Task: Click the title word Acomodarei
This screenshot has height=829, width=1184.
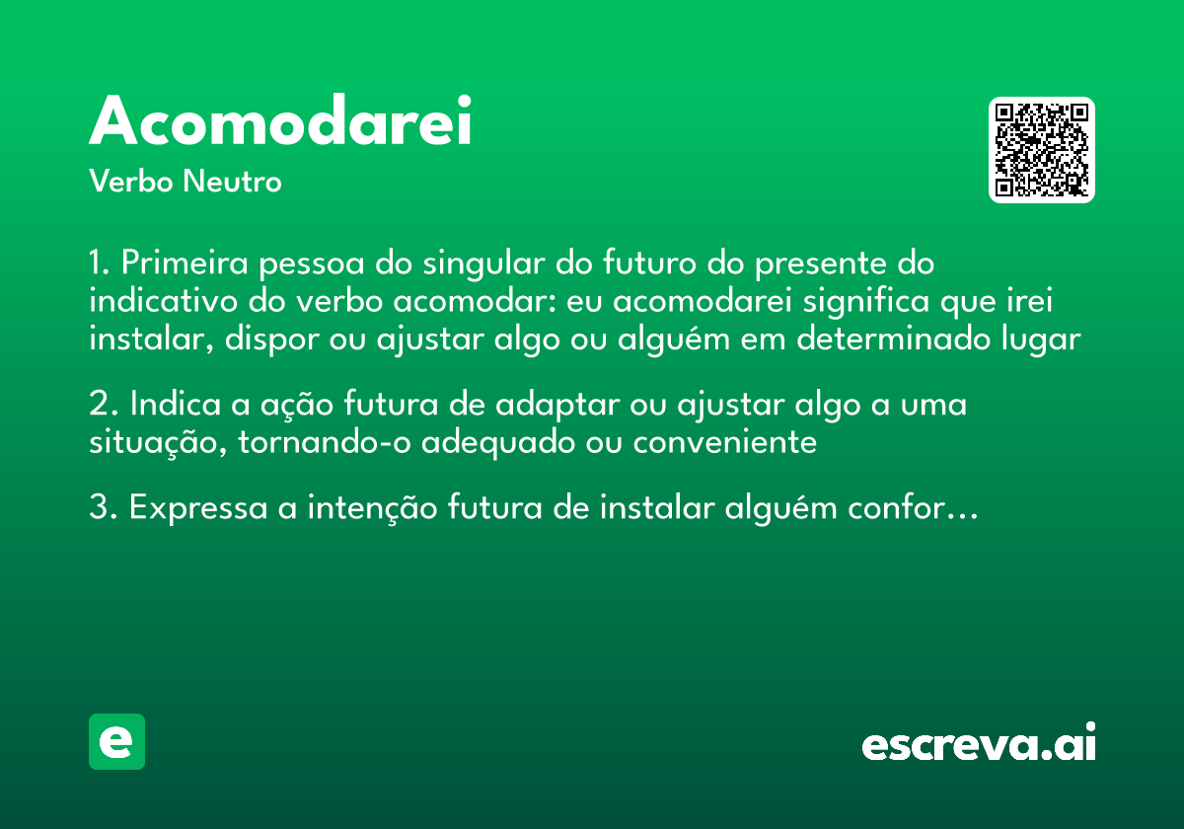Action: point(281,122)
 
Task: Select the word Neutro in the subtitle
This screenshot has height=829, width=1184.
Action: point(232,182)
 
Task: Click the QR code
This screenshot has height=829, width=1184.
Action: point(1042,150)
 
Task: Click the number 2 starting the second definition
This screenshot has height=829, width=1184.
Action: point(97,406)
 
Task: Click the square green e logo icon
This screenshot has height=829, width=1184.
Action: point(116,742)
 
